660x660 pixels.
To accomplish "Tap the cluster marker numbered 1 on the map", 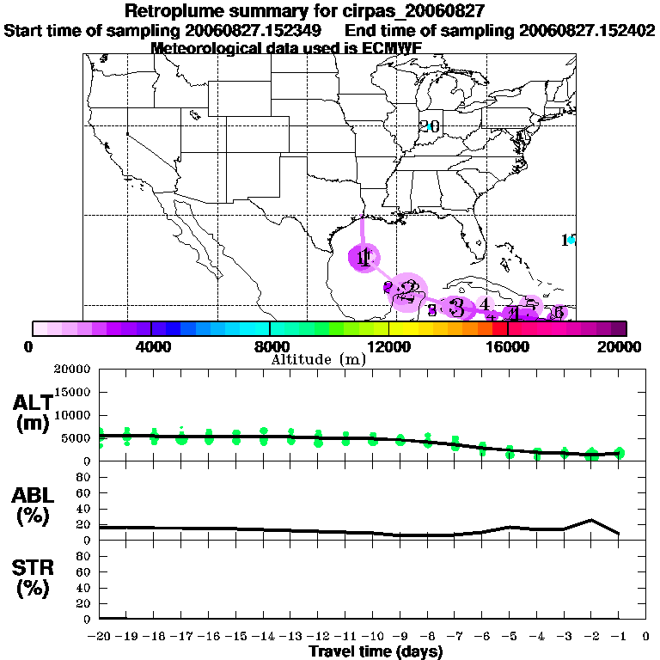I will pyautogui.click(x=364, y=257).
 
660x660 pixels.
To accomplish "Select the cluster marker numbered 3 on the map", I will pyautogui.click(x=456, y=307).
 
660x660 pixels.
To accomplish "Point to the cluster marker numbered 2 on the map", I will pyautogui.click(x=411, y=290).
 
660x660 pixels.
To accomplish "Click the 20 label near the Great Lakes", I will pyautogui.click(x=430, y=126).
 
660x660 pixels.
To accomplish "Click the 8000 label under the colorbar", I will pyautogui.click(x=270, y=346).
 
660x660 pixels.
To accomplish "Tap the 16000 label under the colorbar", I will pyautogui.click(x=508, y=346).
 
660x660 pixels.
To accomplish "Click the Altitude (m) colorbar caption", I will pyautogui.click(x=318, y=359).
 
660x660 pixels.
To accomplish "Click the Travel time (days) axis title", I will pyautogui.click(x=376, y=652).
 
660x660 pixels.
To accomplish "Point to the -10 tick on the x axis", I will pyautogui.click(x=370, y=637).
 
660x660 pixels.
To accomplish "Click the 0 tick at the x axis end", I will pyautogui.click(x=646, y=637).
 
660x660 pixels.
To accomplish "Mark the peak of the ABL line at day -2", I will pyautogui.click(x=591, y=519).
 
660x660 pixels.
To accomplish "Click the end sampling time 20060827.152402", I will pyautogui.click(x=588, y=30).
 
